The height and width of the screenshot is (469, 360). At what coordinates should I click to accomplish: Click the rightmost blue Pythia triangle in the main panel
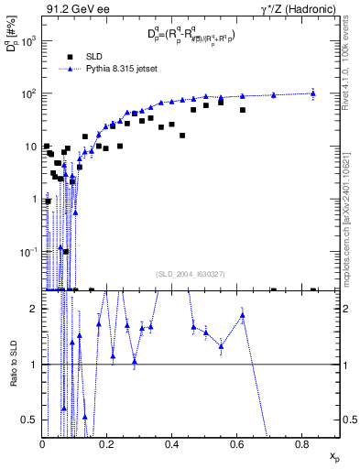pos(313,93)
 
